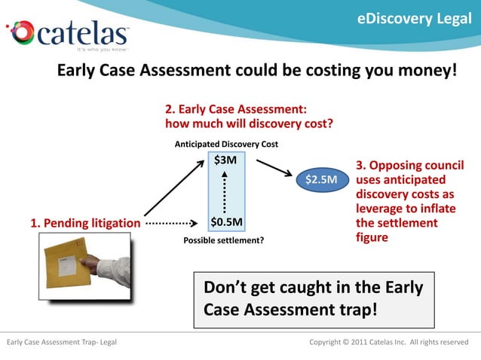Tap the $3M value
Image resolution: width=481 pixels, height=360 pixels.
click(225, 160)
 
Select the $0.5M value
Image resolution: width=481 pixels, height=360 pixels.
click(226, 222)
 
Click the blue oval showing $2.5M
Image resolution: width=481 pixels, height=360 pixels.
click(321, 179)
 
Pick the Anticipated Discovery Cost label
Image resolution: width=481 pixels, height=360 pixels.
click(226, 143)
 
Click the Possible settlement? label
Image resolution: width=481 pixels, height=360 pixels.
click(224, 241)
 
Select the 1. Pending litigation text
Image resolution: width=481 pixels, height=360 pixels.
click(84, 223)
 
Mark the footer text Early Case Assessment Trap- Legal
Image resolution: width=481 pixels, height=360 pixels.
click(61, 343)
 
